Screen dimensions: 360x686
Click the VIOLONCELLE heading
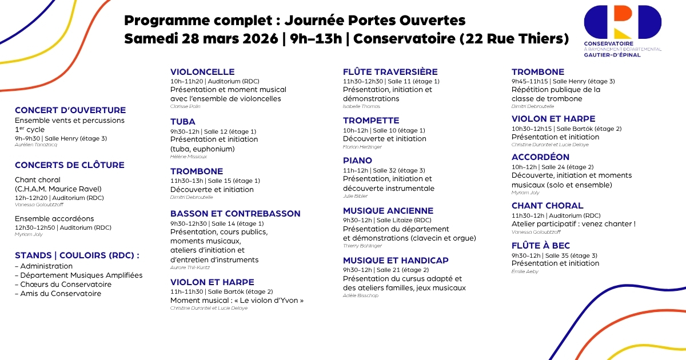click(x=202, y=72)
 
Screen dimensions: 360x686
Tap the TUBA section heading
click(x=183, y=122)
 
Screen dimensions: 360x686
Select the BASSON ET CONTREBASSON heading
click(x=235, y=214)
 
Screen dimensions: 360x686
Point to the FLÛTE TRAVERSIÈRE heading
click(x=390, y=72)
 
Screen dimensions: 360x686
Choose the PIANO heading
click(x=357, y=161)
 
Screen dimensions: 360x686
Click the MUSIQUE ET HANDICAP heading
click(x=396, y=261)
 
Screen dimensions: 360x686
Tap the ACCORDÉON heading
click(x=540, y=157)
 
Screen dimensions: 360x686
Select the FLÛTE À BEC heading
click(x=541, y=246)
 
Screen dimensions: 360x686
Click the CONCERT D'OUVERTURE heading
click(x=70, y=110)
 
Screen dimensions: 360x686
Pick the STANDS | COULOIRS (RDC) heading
click(x=77, y=255)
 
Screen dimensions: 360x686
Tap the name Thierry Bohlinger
click(x=362, y=246)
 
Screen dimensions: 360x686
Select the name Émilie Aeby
click(x=525, y=271)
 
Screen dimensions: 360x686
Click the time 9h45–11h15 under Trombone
click(x=529, y=81)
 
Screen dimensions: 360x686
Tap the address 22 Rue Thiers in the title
click(x=517, y=39)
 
